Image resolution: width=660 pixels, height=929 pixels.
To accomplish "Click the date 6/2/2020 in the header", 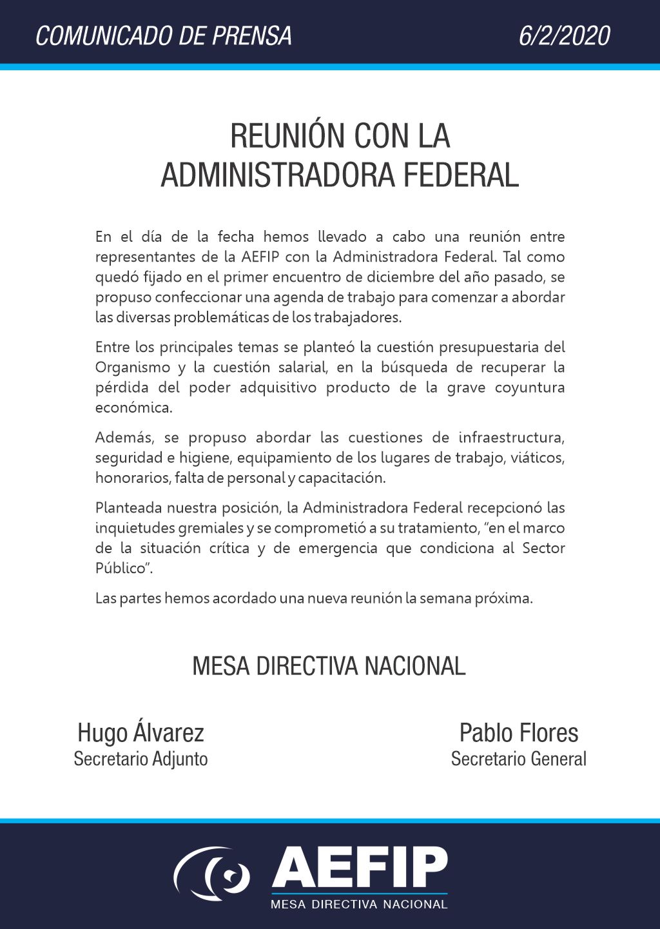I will pyautogui.click(x=564, y=35).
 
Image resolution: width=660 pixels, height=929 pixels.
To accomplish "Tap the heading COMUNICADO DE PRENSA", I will pyautogui.click(x=164, y=35).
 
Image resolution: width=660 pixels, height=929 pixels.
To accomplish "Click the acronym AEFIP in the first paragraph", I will pyautogui.click(x=260, y=257).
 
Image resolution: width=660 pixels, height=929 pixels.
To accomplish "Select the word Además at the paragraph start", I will pyautogui.click(x=124, y=438).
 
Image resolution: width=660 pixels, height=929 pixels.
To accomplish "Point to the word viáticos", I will pyautogui.click(x=540, y=458).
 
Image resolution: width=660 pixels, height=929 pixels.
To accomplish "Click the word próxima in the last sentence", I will pyautogui.click(x=503, y=598).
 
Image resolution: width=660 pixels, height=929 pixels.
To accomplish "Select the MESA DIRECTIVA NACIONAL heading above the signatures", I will pyautogui.click(x=329, y=666).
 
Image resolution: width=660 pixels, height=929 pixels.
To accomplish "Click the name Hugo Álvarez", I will pyautogui.click(x=141, y=733).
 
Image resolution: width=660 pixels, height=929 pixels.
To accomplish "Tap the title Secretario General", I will pyautogui.click(x=518, y=759).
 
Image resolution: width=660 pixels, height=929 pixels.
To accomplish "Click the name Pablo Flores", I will pyautogui.click(x=518, y=733).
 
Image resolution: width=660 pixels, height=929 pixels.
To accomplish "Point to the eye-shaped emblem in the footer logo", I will pyautogui.click(x=213, y=874).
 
